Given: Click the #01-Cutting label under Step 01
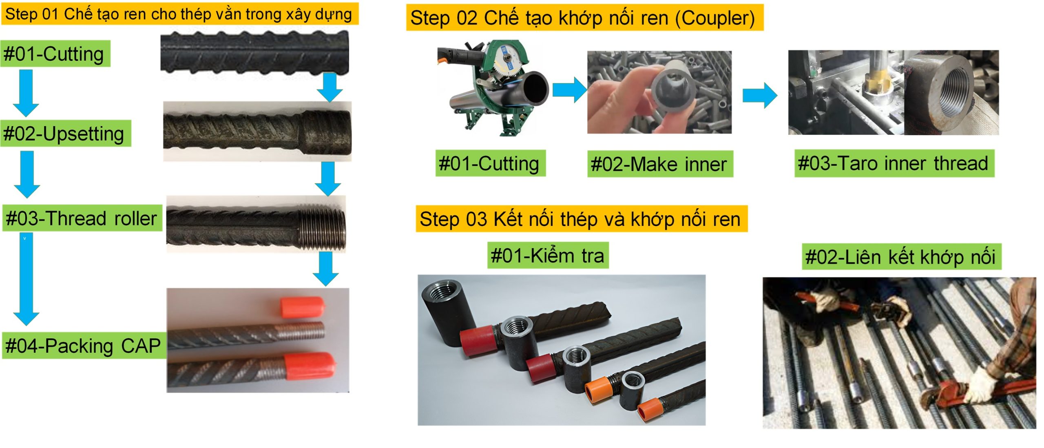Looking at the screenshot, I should point(55,54).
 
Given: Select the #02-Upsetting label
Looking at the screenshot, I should point(64,134).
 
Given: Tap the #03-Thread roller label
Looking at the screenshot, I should point(82,218).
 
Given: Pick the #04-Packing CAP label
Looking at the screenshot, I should point(83,345).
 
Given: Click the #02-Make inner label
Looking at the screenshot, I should point(659,164).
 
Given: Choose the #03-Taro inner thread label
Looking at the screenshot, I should point(894,163).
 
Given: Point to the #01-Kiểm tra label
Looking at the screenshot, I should point(547,255).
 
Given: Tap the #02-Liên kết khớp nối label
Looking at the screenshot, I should point(900,257).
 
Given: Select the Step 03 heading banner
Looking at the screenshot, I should point(581,219).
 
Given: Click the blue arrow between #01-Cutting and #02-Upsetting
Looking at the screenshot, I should point(26,93).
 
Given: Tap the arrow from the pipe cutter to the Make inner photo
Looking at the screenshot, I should point(569,89).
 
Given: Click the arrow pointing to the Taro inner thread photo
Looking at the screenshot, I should point(759,96).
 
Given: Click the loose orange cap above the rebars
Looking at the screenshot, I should point(302,307).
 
